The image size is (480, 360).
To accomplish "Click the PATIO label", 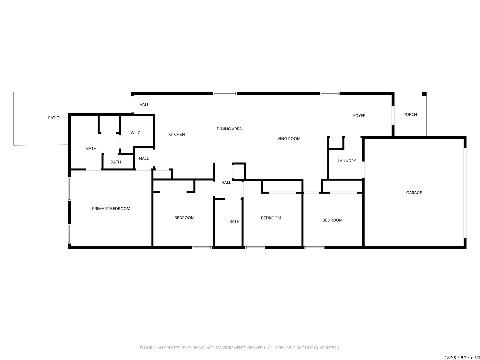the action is point(54,118).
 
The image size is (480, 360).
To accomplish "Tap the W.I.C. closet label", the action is point(136,133).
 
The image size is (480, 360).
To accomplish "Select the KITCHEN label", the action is point(176,134).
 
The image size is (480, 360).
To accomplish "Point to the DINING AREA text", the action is point(229,129).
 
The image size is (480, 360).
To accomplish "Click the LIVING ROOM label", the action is point(287,139).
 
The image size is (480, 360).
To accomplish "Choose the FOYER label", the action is point(359,115).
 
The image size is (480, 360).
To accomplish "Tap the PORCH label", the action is point(410,115).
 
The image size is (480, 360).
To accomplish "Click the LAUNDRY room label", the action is point(347,161).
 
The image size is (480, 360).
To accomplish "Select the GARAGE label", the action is point(414,193).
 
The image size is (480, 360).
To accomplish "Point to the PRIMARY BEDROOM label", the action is point(111,209).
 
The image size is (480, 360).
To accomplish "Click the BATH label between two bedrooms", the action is point(234,221).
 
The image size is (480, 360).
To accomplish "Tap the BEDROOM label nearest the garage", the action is point(332,220).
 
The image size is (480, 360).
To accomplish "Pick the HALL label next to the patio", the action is point(144,105).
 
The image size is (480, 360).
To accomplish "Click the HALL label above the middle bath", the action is point(226,182).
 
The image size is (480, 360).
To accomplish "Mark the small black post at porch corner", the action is point(424,94).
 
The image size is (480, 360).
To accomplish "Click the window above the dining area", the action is point(225,94).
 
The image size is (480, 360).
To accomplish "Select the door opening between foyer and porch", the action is point(393,115).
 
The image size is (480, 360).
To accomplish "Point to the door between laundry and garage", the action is point(363,169).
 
